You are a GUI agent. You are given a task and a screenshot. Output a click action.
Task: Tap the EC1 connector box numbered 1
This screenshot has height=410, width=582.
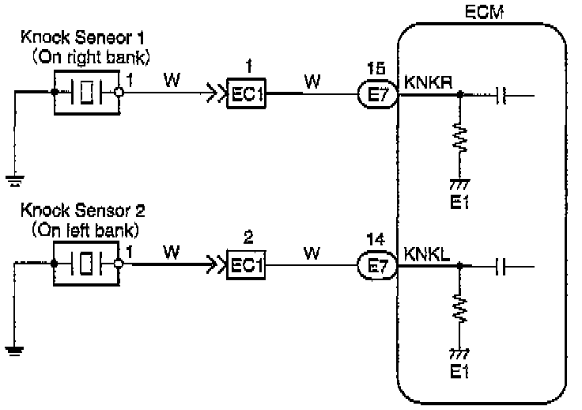coord(247,96)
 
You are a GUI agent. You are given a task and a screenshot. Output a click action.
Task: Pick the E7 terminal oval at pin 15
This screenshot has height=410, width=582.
coord(379,96)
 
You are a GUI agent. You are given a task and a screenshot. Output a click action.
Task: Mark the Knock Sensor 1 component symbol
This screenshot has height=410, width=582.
coord(86,93)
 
